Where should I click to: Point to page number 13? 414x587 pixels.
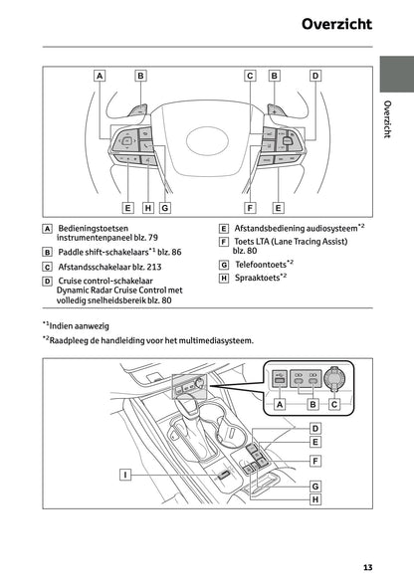[x=368, y=568]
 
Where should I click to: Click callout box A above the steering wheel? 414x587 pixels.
[x=100, y=75]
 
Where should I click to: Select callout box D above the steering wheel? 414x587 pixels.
[x=315, y=75]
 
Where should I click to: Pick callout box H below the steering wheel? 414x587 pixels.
[x=147, y=208]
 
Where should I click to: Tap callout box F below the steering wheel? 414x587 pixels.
[x=250, y=208]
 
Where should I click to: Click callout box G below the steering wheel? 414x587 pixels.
[x=164, y=208]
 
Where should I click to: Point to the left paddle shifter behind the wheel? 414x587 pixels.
[x=139, y=107]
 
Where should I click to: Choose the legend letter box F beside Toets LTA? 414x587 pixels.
[x=224, y=242]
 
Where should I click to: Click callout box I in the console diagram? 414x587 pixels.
[x=125, y=475]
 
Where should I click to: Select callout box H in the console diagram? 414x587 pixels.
[x=313, y=500]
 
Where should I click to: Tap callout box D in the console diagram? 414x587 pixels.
[x=313, y=427]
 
